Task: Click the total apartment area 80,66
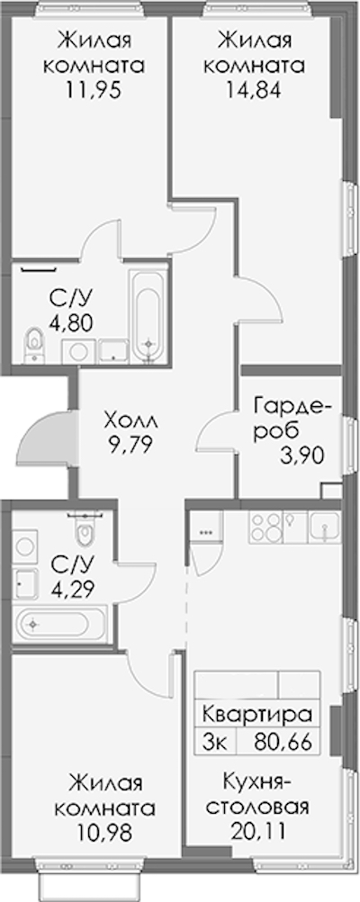click(282, 737)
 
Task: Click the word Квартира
click(257, 716)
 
